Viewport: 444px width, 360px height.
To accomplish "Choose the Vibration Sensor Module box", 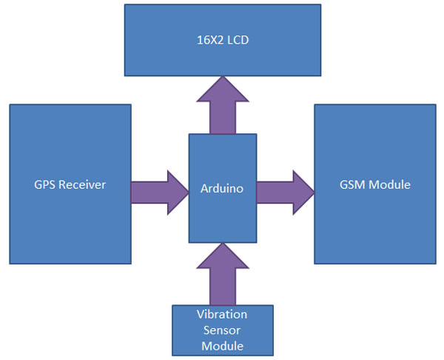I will click(221, 330).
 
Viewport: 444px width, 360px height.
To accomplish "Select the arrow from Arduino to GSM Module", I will click(286, 192).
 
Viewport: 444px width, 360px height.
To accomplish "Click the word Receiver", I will click(82, 185).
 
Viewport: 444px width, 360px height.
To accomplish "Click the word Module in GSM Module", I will click(391, 184).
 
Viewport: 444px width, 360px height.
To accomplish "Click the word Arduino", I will click(222, 189).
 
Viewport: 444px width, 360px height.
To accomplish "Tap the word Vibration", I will click(222, 314).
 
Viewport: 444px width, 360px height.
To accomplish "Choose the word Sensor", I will click(222, 330).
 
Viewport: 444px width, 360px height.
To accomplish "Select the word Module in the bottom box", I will click(222, 345).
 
